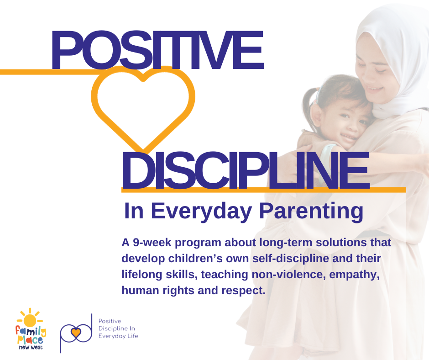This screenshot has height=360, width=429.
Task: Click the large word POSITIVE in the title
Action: point(157,50)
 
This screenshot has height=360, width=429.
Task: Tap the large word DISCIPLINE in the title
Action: point(246,170)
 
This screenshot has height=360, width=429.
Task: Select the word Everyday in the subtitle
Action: point(201,212)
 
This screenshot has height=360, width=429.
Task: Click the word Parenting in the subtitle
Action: point(311,212)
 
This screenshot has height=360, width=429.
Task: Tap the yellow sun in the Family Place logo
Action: point(30,320)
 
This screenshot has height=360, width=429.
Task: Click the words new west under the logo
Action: point(31,347)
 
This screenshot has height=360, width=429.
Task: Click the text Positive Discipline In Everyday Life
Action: point(118,328)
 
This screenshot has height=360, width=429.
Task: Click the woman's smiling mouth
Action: point(374,89)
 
